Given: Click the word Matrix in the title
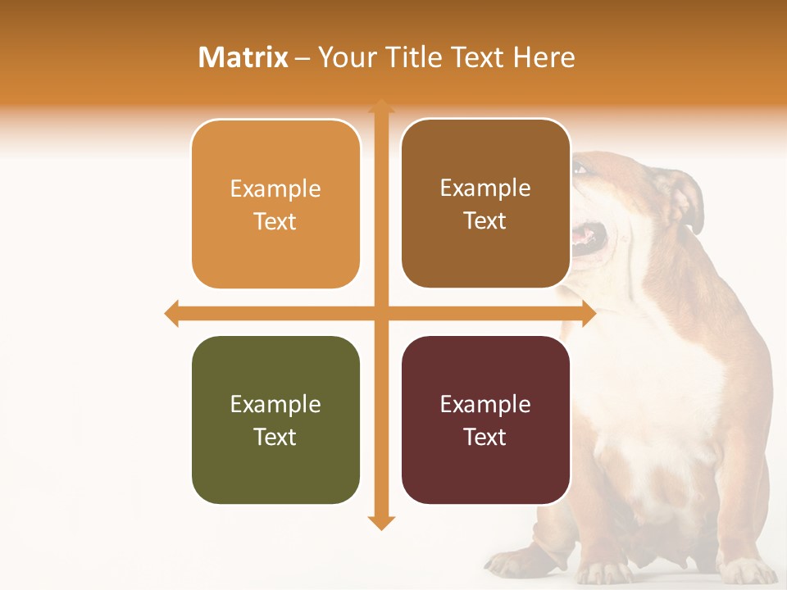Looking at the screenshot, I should [243, 57].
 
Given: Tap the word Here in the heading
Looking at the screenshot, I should [544, 57].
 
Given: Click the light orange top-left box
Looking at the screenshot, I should [275, 204].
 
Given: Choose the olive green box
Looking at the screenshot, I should [275, 420].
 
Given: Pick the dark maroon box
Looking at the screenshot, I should [485, 420].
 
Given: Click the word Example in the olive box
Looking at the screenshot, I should [275, 404].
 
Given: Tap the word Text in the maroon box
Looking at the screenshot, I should [485, 437].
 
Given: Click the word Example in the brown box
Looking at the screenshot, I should [485, 188].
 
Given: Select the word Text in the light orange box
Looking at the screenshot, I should [275, 221].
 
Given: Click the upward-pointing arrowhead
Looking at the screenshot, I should [381, 105].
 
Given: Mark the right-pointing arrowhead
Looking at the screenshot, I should [589, 313].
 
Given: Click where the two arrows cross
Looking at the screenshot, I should [381, 313].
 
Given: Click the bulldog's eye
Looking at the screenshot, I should [581, 169].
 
